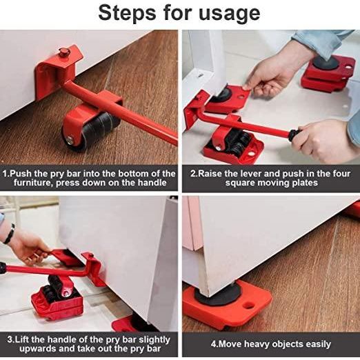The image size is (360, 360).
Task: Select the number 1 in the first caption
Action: tap(6, 174)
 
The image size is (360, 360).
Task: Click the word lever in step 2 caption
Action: tap(252, 174)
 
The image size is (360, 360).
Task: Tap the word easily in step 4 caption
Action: tap(312, 343)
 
